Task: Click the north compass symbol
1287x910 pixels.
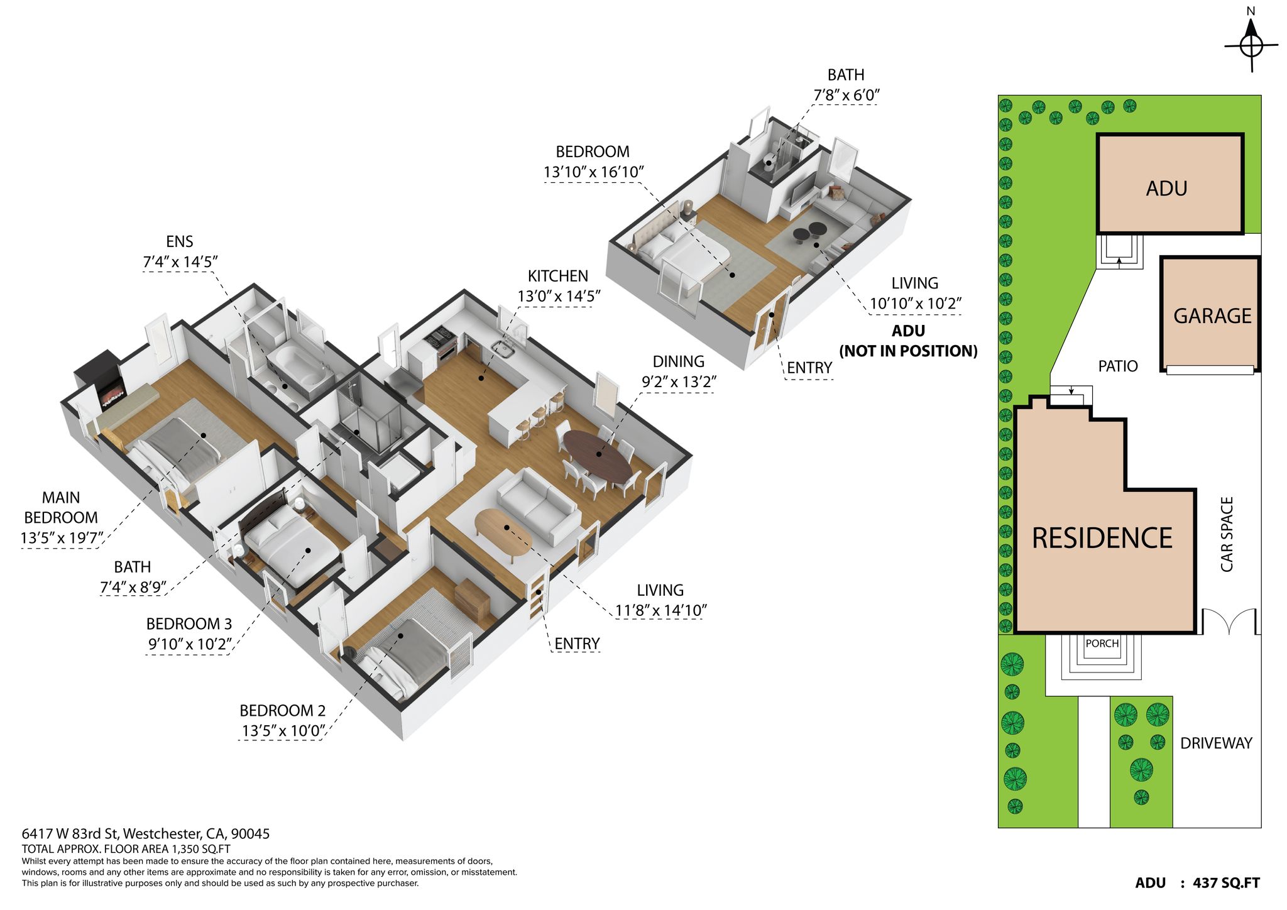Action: tap(1251, 45)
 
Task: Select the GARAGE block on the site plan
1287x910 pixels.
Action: tap(1210, 314)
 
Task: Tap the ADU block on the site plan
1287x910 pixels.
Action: tap(1170, 184)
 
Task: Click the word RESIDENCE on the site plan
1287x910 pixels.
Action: tap(1102, 538)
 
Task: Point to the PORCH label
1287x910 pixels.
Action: tap(1102, 644)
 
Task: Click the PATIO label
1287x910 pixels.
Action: tap(1118, 366)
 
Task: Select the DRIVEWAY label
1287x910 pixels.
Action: tap(1216, 743)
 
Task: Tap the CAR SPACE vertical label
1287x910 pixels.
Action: tap(1227, 534)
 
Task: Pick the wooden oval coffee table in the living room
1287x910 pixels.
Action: tap(503, 535)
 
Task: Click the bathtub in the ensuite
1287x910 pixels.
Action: tap(297, 367)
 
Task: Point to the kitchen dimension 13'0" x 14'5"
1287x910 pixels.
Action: tap(559, 296)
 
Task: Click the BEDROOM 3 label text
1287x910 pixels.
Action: tap(189, 624)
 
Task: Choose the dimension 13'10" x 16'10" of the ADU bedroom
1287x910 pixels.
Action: tap(594, 172)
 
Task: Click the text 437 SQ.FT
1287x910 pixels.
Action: tap(1226, 883)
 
